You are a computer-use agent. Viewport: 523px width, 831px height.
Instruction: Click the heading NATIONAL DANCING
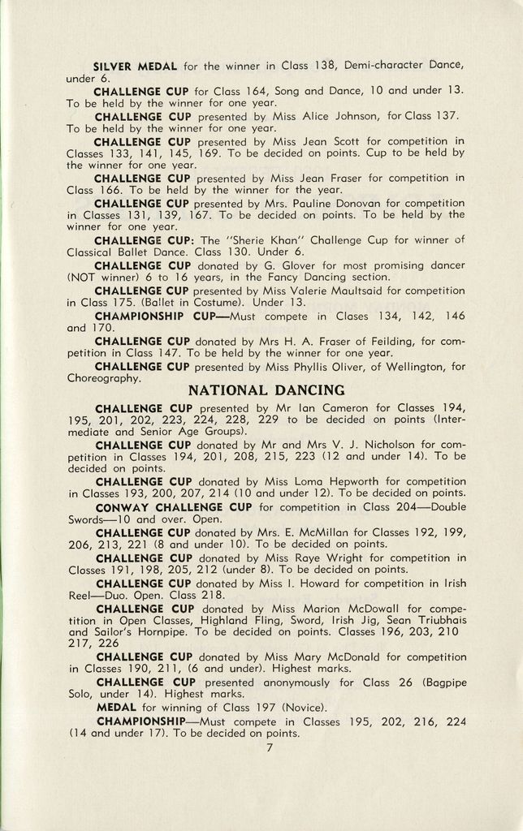click(266, 390)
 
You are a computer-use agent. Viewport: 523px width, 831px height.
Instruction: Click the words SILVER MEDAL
click(131, 65)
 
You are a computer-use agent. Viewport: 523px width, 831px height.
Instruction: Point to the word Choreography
click(103, 377)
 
